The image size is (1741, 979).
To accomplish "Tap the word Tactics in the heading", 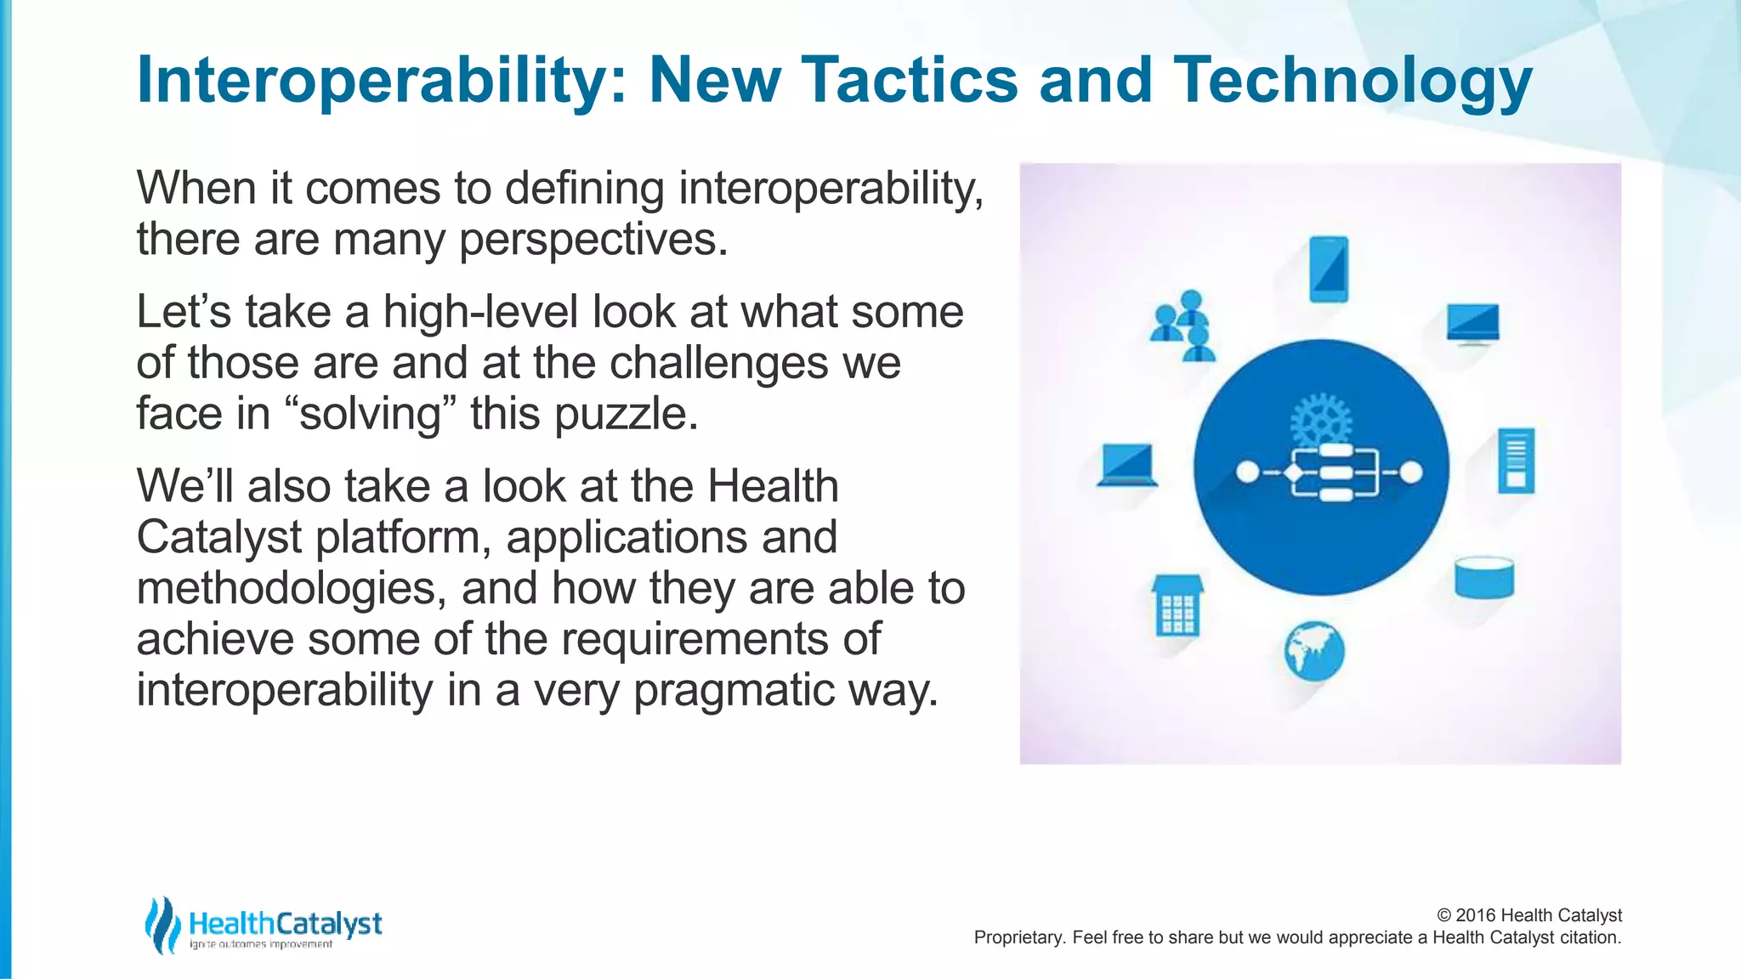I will (x=909, y=79).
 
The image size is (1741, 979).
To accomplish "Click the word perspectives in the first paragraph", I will (x=593, y=240).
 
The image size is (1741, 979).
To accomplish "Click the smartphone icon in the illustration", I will (x=1329, y=269).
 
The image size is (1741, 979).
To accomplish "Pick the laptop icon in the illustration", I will (x=1126, y=466).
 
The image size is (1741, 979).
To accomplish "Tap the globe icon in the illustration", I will (x=1314, y=652).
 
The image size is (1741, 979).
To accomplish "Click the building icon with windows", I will (x=1177, y=606).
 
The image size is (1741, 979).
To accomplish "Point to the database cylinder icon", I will (x=1484, y=577).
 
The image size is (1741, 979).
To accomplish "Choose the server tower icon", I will (x=1516, y=461).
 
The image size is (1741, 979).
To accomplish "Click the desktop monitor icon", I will (x=1473, y=324).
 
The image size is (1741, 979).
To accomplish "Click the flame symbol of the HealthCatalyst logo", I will (x=162, y=925).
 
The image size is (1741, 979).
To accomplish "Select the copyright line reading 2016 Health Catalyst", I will (x=1529, y=915).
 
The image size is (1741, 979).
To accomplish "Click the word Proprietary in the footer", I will (x=1018, y=937).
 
